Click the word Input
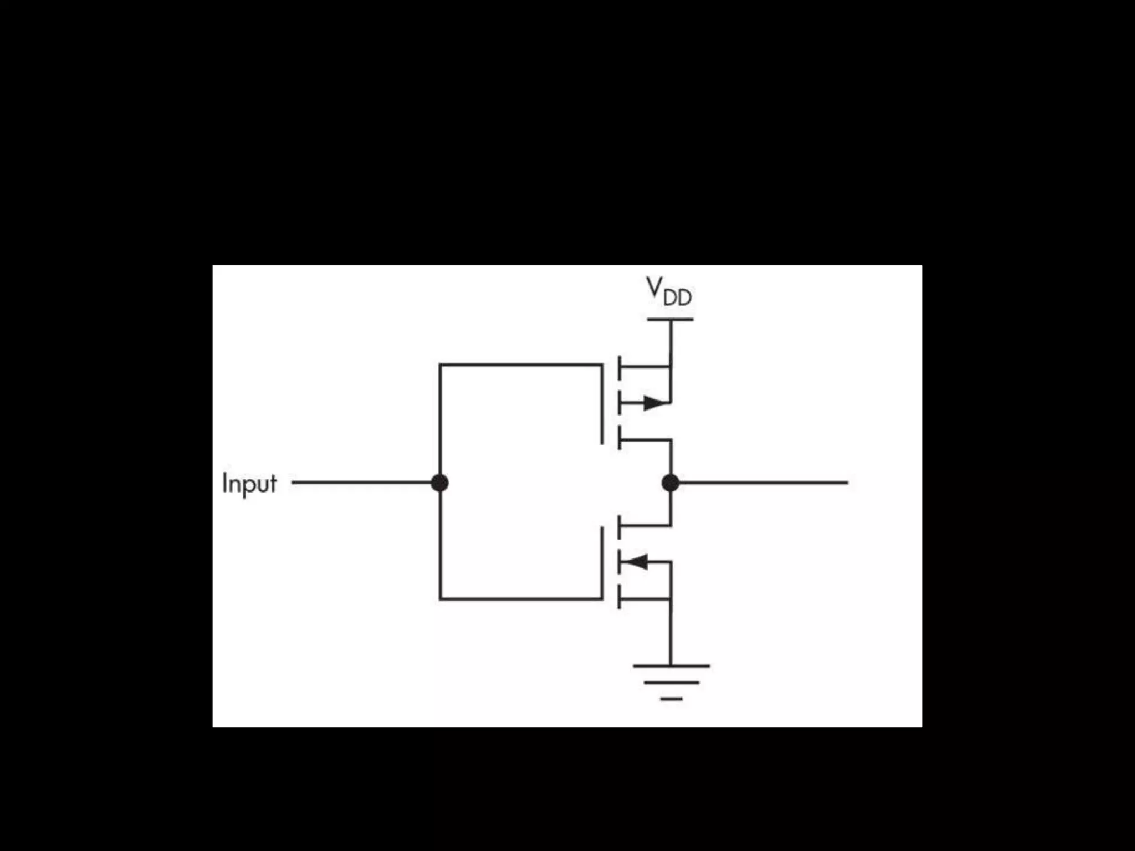pos(249,484)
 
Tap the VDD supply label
pos(669,291)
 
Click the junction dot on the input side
pos(439,483)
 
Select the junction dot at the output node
pos(671,483)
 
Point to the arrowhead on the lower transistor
pos(636,562)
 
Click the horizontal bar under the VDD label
pos(670,319)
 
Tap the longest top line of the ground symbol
pos(671,665)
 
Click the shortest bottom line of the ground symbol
pos(671,699)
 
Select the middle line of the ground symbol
pos(671,683)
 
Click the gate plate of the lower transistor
pos(602,562)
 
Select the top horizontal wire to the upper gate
pos(521,365)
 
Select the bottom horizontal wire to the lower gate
pos(521,599)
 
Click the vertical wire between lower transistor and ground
pos(671,632)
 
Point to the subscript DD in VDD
pos(677,298)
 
